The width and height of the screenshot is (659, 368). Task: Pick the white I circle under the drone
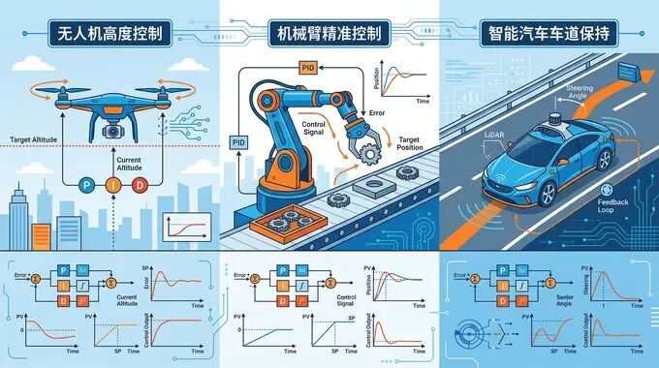(x=113, y=184)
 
